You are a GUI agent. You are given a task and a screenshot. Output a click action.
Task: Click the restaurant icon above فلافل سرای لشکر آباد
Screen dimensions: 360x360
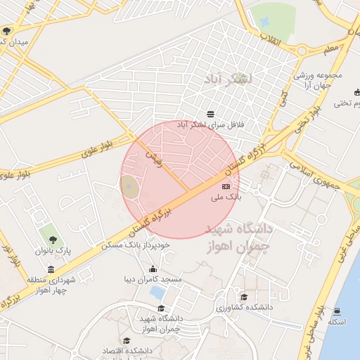tap(210, 114)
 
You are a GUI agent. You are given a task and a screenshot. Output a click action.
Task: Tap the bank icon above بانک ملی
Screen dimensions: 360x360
tap(226, 186)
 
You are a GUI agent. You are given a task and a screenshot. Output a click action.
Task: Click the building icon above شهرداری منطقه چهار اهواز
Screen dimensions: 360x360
tap(51, 270)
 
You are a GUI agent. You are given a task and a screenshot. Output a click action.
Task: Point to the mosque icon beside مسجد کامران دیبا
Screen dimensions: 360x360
tap(154, 269)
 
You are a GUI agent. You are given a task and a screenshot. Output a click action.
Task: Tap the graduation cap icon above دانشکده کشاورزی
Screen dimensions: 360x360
tap(243, 297)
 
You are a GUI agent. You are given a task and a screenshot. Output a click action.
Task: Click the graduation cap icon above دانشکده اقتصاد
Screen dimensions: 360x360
tap(127, 341)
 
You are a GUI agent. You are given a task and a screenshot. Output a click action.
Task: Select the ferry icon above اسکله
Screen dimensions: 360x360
tap(337, 311)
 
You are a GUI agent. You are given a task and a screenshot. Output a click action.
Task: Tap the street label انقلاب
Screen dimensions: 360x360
tap(271, 39)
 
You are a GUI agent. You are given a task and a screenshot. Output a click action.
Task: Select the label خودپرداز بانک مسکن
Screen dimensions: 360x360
tap(148, 245)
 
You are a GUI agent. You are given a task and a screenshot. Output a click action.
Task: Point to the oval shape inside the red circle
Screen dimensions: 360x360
tap(129, 186)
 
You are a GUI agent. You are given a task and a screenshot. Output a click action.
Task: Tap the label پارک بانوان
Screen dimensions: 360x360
tap(54, 250)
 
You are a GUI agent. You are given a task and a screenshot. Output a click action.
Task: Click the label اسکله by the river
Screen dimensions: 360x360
tap(337, 321)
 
